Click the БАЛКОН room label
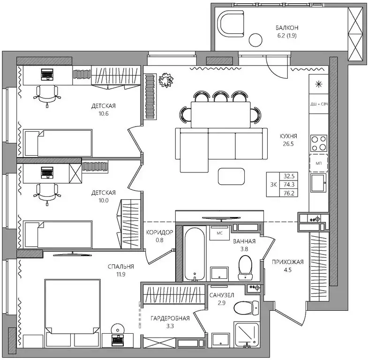tap(287, 28)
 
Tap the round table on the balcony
tap(255, 40)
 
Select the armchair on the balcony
tap(231, 24)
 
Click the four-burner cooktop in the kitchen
tap(319, 143)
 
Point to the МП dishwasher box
tap(319, 163)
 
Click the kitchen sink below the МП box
tap(318, 183)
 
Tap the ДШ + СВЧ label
tap(319, 104)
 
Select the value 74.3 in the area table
tap(289, 185)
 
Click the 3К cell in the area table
tap(273, 185)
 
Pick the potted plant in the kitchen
tap(166, 80)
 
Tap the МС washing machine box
tap(219, 233)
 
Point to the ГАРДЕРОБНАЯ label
tap(170, 318)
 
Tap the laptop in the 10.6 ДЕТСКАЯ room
tap(47, 75)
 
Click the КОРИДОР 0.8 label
tap(159, 236)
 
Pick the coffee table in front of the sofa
tap(231, 176)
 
